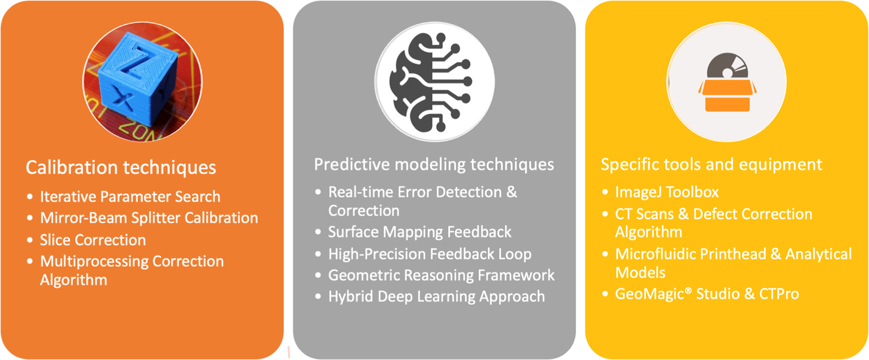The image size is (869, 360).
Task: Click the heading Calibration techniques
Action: (121, 168)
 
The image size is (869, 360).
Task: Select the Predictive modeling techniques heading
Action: (434, 164)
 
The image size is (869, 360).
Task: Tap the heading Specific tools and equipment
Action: (711, 164)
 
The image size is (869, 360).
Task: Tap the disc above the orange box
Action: (727, 67)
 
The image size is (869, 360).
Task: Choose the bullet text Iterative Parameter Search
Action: (130, 197)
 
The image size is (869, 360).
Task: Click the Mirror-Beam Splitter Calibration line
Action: (149, 218)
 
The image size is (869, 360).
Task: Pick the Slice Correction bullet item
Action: (93, 240)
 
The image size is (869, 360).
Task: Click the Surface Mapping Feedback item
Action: (420, 232)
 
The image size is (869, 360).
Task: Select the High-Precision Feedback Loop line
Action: (430, 254)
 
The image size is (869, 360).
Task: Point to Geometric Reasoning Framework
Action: (441, 275)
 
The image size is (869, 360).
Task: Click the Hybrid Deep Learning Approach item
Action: (436, 296)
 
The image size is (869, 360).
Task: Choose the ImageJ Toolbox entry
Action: (667, 192)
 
